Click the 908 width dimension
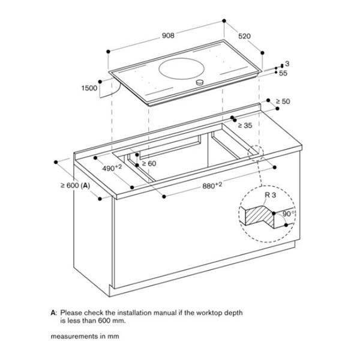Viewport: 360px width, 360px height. (168, 35)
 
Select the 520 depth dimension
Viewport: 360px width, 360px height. (244, 36)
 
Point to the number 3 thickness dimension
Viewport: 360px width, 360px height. (287, 64)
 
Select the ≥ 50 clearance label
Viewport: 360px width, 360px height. (282, 101)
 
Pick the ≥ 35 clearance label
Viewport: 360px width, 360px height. (244, 125)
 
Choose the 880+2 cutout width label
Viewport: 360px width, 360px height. (212, 186)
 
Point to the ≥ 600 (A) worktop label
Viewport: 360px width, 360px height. (74, 186)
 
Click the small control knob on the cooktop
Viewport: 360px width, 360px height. (199, 82)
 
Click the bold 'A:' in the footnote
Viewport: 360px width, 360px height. (53, 313)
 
